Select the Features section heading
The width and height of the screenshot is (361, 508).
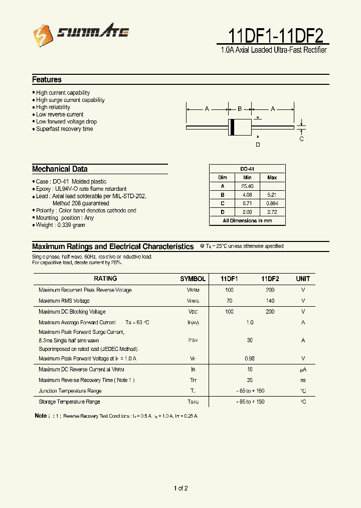pos(47,80)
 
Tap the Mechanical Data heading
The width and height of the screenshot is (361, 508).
pos(60,169)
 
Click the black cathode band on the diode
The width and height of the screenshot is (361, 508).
pos(232,128)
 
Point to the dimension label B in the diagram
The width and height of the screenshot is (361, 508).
pos(240,109)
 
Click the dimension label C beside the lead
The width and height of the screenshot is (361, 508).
pos(301,139)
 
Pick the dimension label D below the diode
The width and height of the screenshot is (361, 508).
pos(258,145)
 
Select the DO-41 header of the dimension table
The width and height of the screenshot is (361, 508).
pos(247,169)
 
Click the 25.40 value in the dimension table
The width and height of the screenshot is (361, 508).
pos(247,186)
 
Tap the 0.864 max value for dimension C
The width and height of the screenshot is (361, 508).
pos(272,204)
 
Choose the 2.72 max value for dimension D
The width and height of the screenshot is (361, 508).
pos(272,212)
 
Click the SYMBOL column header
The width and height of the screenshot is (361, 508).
pos(193,279)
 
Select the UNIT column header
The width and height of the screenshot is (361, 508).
pos(303,279)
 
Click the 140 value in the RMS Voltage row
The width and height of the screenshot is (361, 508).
pos(270,301)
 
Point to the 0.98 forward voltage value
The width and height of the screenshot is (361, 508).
pos(250,358)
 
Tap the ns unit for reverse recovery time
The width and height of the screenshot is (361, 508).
pos(303,380)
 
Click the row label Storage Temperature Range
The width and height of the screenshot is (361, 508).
pos(69,402)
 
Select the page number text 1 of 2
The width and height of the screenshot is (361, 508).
pos(180,488)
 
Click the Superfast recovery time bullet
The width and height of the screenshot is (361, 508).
pos(64,129)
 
